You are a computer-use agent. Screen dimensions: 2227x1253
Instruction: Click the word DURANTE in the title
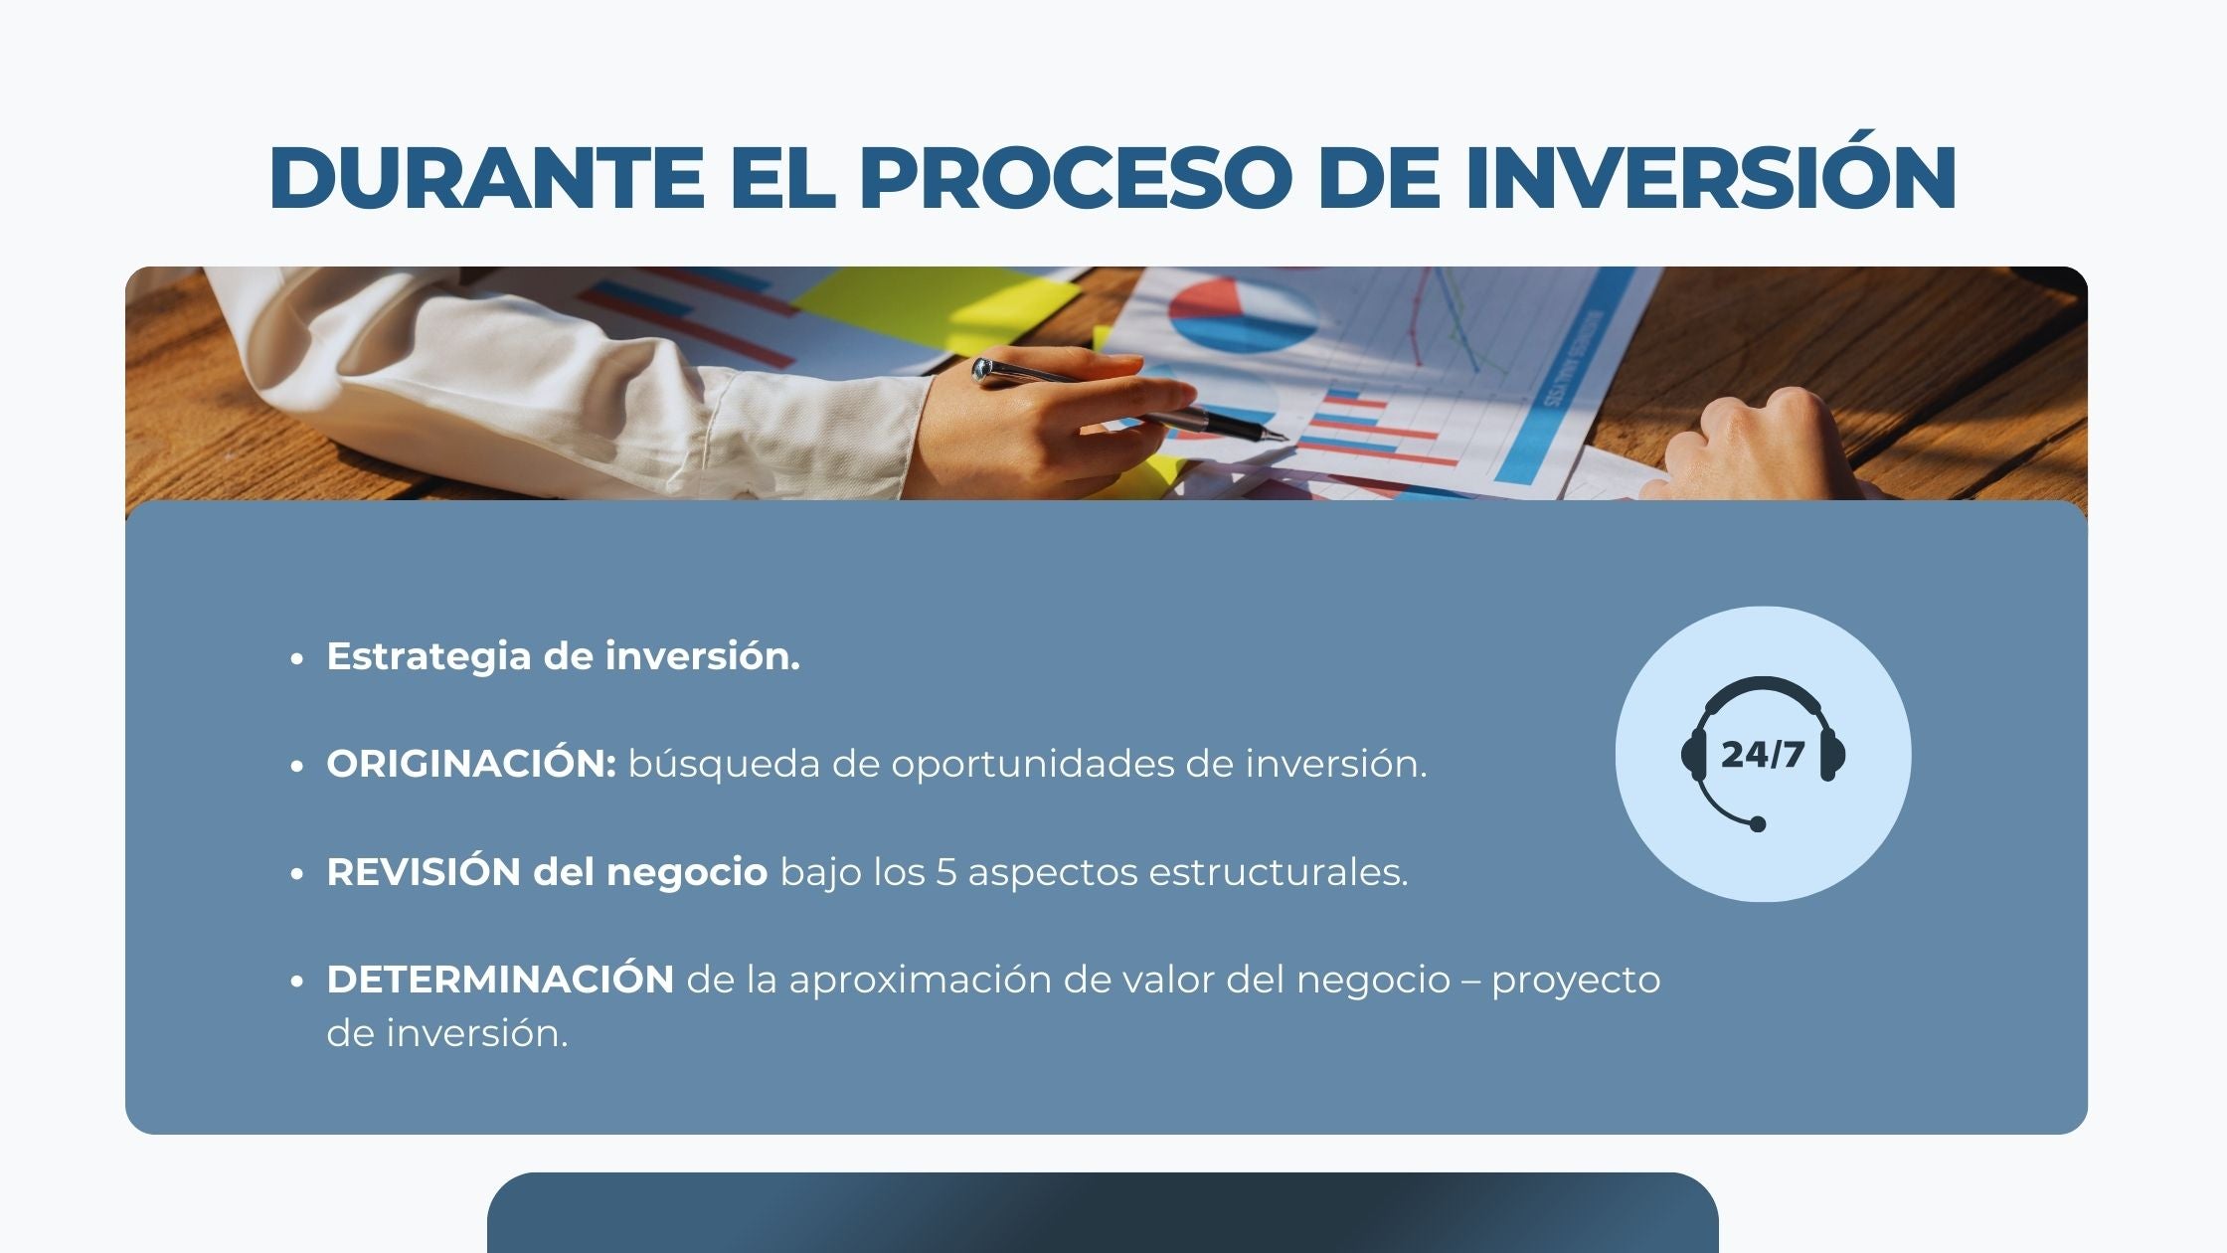487,178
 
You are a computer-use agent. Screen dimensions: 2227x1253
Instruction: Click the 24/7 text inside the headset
1763,755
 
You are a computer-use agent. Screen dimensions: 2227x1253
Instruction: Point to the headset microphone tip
1758,824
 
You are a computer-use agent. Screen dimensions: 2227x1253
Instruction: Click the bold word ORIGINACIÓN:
471,764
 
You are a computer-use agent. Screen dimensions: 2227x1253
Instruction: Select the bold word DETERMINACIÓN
500,980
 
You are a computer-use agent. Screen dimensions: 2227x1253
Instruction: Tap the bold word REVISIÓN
424,871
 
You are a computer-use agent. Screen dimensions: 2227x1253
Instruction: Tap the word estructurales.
1279,872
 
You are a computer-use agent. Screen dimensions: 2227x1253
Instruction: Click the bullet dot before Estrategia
296,658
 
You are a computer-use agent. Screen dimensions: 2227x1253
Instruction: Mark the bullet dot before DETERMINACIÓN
296,982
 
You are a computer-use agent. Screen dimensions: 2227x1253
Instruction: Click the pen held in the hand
1127,400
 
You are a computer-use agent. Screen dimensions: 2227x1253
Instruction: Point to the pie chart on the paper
1243,313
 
